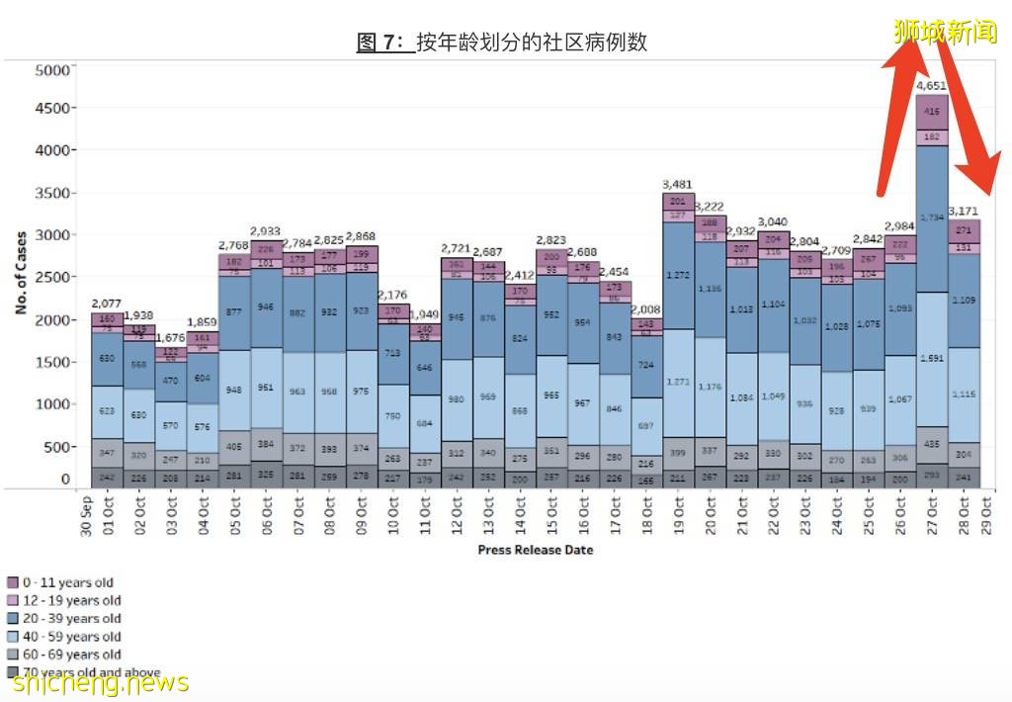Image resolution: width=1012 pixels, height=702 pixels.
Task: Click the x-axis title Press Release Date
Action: point(535,549)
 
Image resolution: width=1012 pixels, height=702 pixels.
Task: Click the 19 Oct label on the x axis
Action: point(679,513)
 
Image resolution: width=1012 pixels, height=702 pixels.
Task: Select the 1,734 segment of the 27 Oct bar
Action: point(932,217)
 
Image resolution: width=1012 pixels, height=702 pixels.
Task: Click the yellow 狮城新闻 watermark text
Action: point(943,32)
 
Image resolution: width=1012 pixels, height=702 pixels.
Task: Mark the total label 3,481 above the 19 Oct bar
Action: point(678,184)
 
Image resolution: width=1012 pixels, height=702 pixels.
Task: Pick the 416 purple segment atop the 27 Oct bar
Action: point(932,112)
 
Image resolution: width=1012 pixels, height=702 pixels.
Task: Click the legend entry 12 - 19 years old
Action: point(64,600)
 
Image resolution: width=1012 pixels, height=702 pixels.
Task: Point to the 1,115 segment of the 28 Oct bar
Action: point(964,394)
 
